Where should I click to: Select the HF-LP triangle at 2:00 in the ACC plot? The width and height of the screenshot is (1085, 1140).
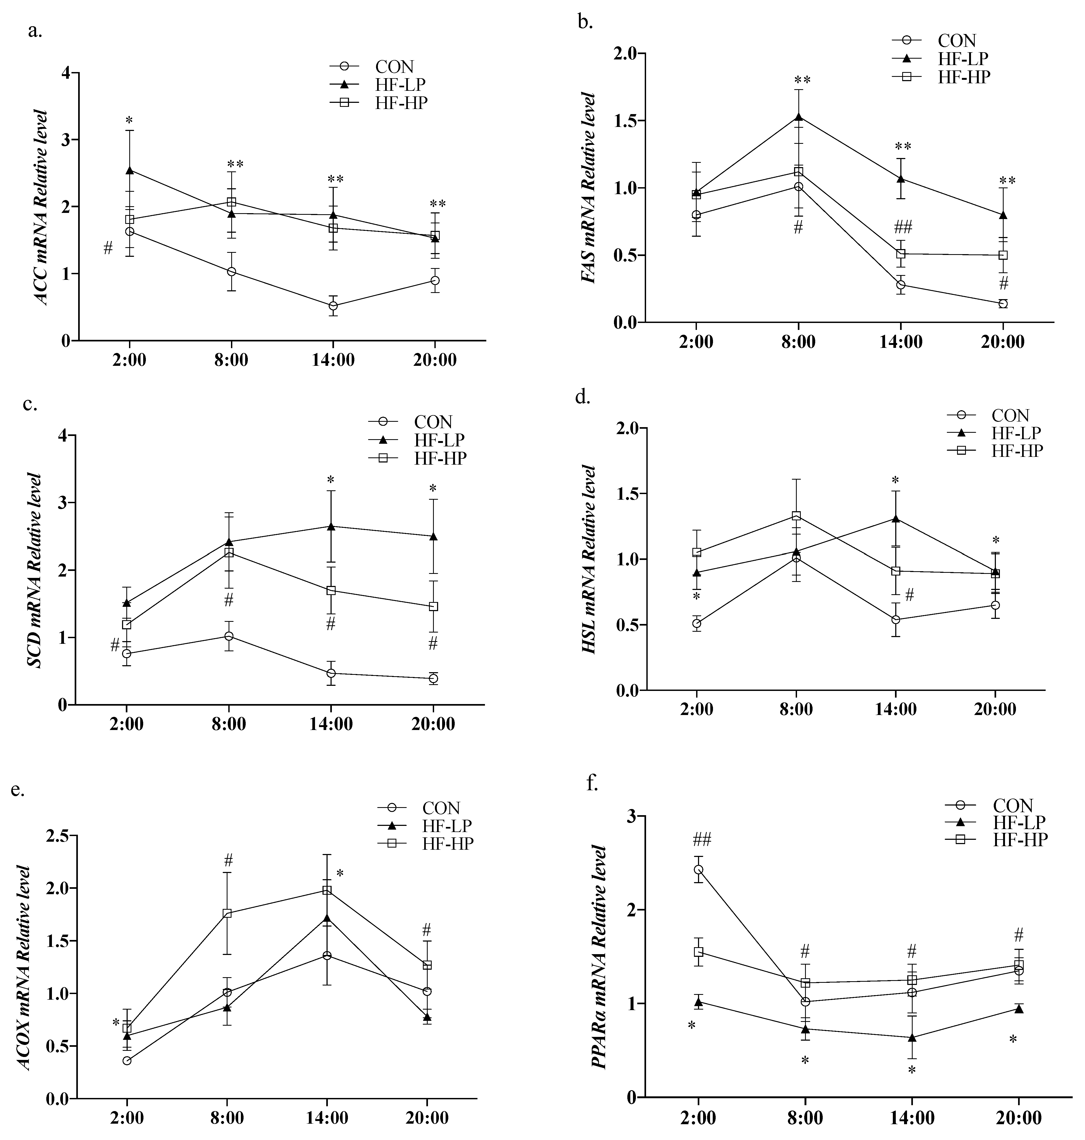click(x=129, y=171)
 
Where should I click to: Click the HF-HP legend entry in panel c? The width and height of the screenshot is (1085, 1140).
click(x=439, y=458)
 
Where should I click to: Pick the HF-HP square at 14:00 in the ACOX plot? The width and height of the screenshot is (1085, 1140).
click(x=327, y=891)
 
